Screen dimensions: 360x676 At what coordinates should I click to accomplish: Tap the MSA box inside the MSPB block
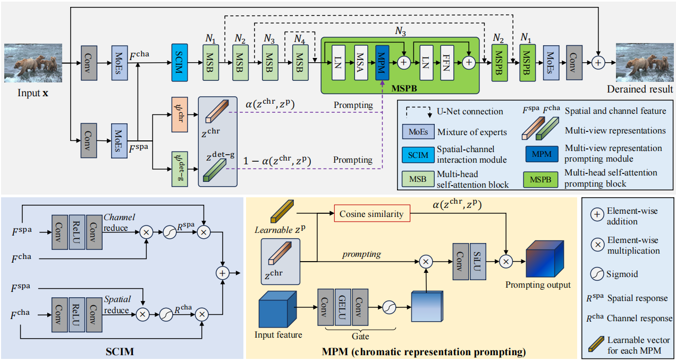pyautogui.click(x=361, y=62)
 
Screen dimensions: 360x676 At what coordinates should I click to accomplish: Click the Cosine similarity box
pyautogui.click(x=371, y=214)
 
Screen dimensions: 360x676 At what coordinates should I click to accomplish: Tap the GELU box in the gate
pyautogui.click(x=343, y=307)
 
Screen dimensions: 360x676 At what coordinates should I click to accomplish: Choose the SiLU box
pyautogui.click(x=477, y=261)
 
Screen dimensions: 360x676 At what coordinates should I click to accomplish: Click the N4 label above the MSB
pyautogui.click(x=301, y=38)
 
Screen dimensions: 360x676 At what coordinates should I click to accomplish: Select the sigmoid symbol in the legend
pyautogui.click(x=599, y=274)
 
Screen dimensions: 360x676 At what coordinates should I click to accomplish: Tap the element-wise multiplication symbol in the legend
pyautogui.click(x=599, y=245)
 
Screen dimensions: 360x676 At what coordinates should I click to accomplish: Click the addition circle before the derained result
pyautogui.click(x=598, y=62)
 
